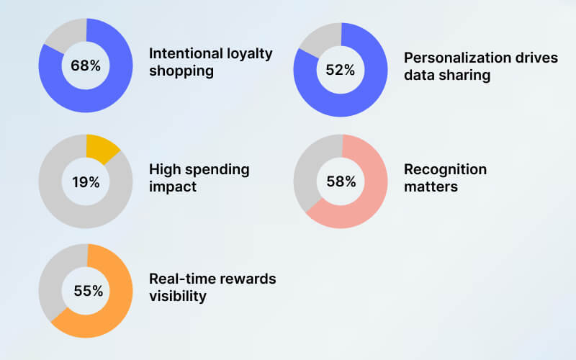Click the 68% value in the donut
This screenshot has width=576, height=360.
click(85, 66)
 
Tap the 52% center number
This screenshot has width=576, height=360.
click(341, 70)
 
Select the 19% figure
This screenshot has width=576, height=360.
click(85, 182)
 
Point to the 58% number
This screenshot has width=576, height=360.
click(341, 181)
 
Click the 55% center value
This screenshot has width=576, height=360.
click(88, 291)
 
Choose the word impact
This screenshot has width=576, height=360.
click(173, 187)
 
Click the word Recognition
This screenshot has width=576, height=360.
click(445, 169)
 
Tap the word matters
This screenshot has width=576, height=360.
click(431, 187)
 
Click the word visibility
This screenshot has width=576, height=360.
click(177, 296)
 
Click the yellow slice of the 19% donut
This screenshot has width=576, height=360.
click(101, 146)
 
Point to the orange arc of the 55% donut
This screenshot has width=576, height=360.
click(108, 317)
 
